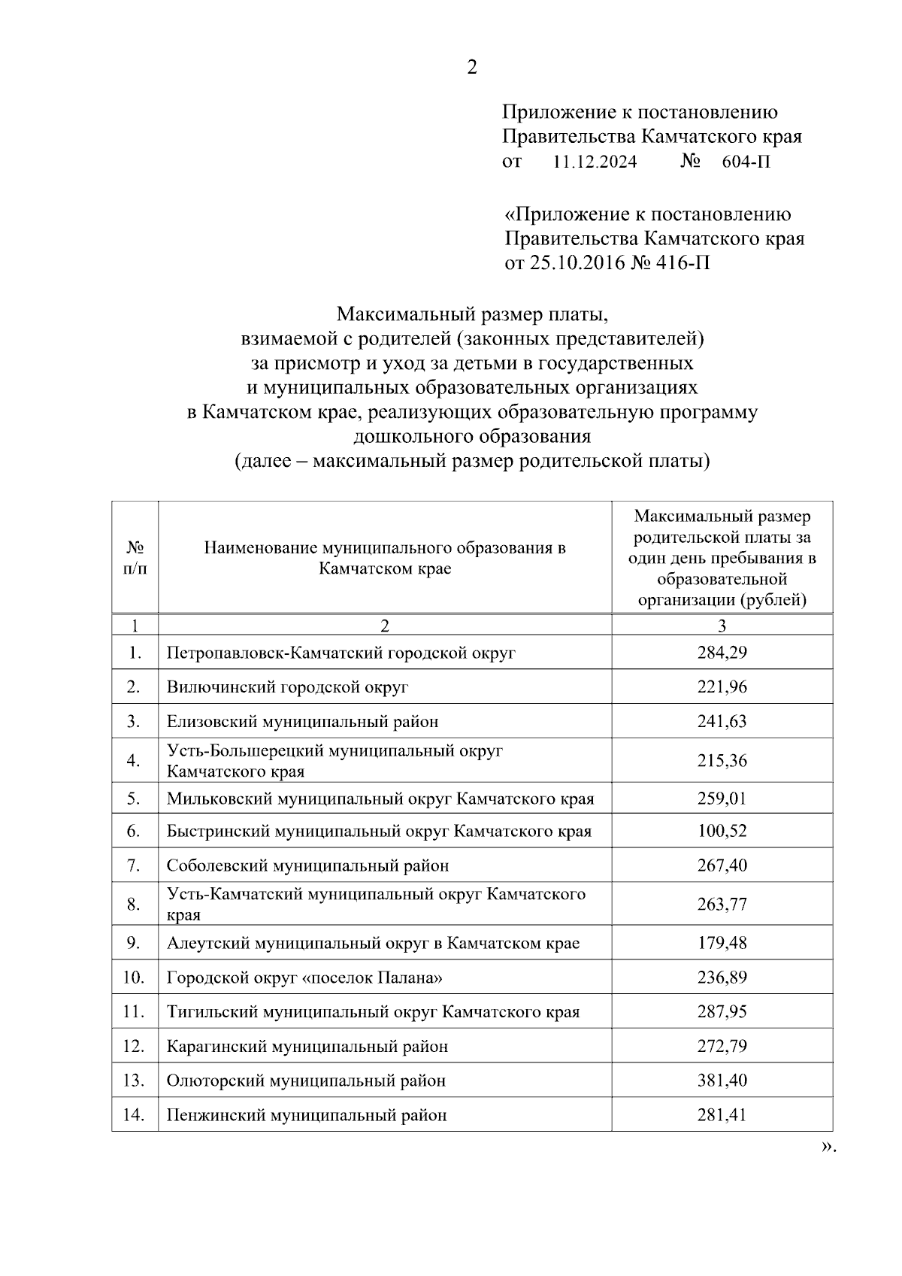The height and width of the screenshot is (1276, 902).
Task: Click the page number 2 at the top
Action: tap(472, 68)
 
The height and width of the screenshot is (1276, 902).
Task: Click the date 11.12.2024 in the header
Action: tap(594, 162)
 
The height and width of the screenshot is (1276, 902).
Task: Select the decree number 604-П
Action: tap(746, 162)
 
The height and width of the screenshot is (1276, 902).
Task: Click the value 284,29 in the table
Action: tap(722, 652)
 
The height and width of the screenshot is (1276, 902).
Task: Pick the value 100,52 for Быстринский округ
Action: tap(722, 831)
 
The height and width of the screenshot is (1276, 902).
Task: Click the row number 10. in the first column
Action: tap(134, 977)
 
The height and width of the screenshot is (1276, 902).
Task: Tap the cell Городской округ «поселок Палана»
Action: tap(304, 977)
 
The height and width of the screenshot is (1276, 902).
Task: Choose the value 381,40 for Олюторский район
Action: tap(722, 1081)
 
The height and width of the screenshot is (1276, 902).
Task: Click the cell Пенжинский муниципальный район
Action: tap(307, 1115)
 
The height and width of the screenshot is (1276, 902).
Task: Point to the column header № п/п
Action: tap(135, 557)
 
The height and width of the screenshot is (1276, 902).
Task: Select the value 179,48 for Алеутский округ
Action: tap(722, 943)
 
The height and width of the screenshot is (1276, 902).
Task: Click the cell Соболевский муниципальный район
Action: tap(307, 865)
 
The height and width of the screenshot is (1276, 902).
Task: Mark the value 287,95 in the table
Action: tap(722, 1012)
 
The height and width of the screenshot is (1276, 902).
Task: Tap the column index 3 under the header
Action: tap(722, 626)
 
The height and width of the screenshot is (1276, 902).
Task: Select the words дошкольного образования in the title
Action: tap(472, 436)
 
